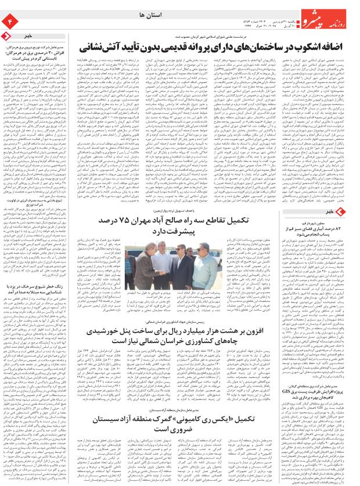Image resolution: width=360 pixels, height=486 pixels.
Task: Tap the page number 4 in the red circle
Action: click(x=10, y=22)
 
